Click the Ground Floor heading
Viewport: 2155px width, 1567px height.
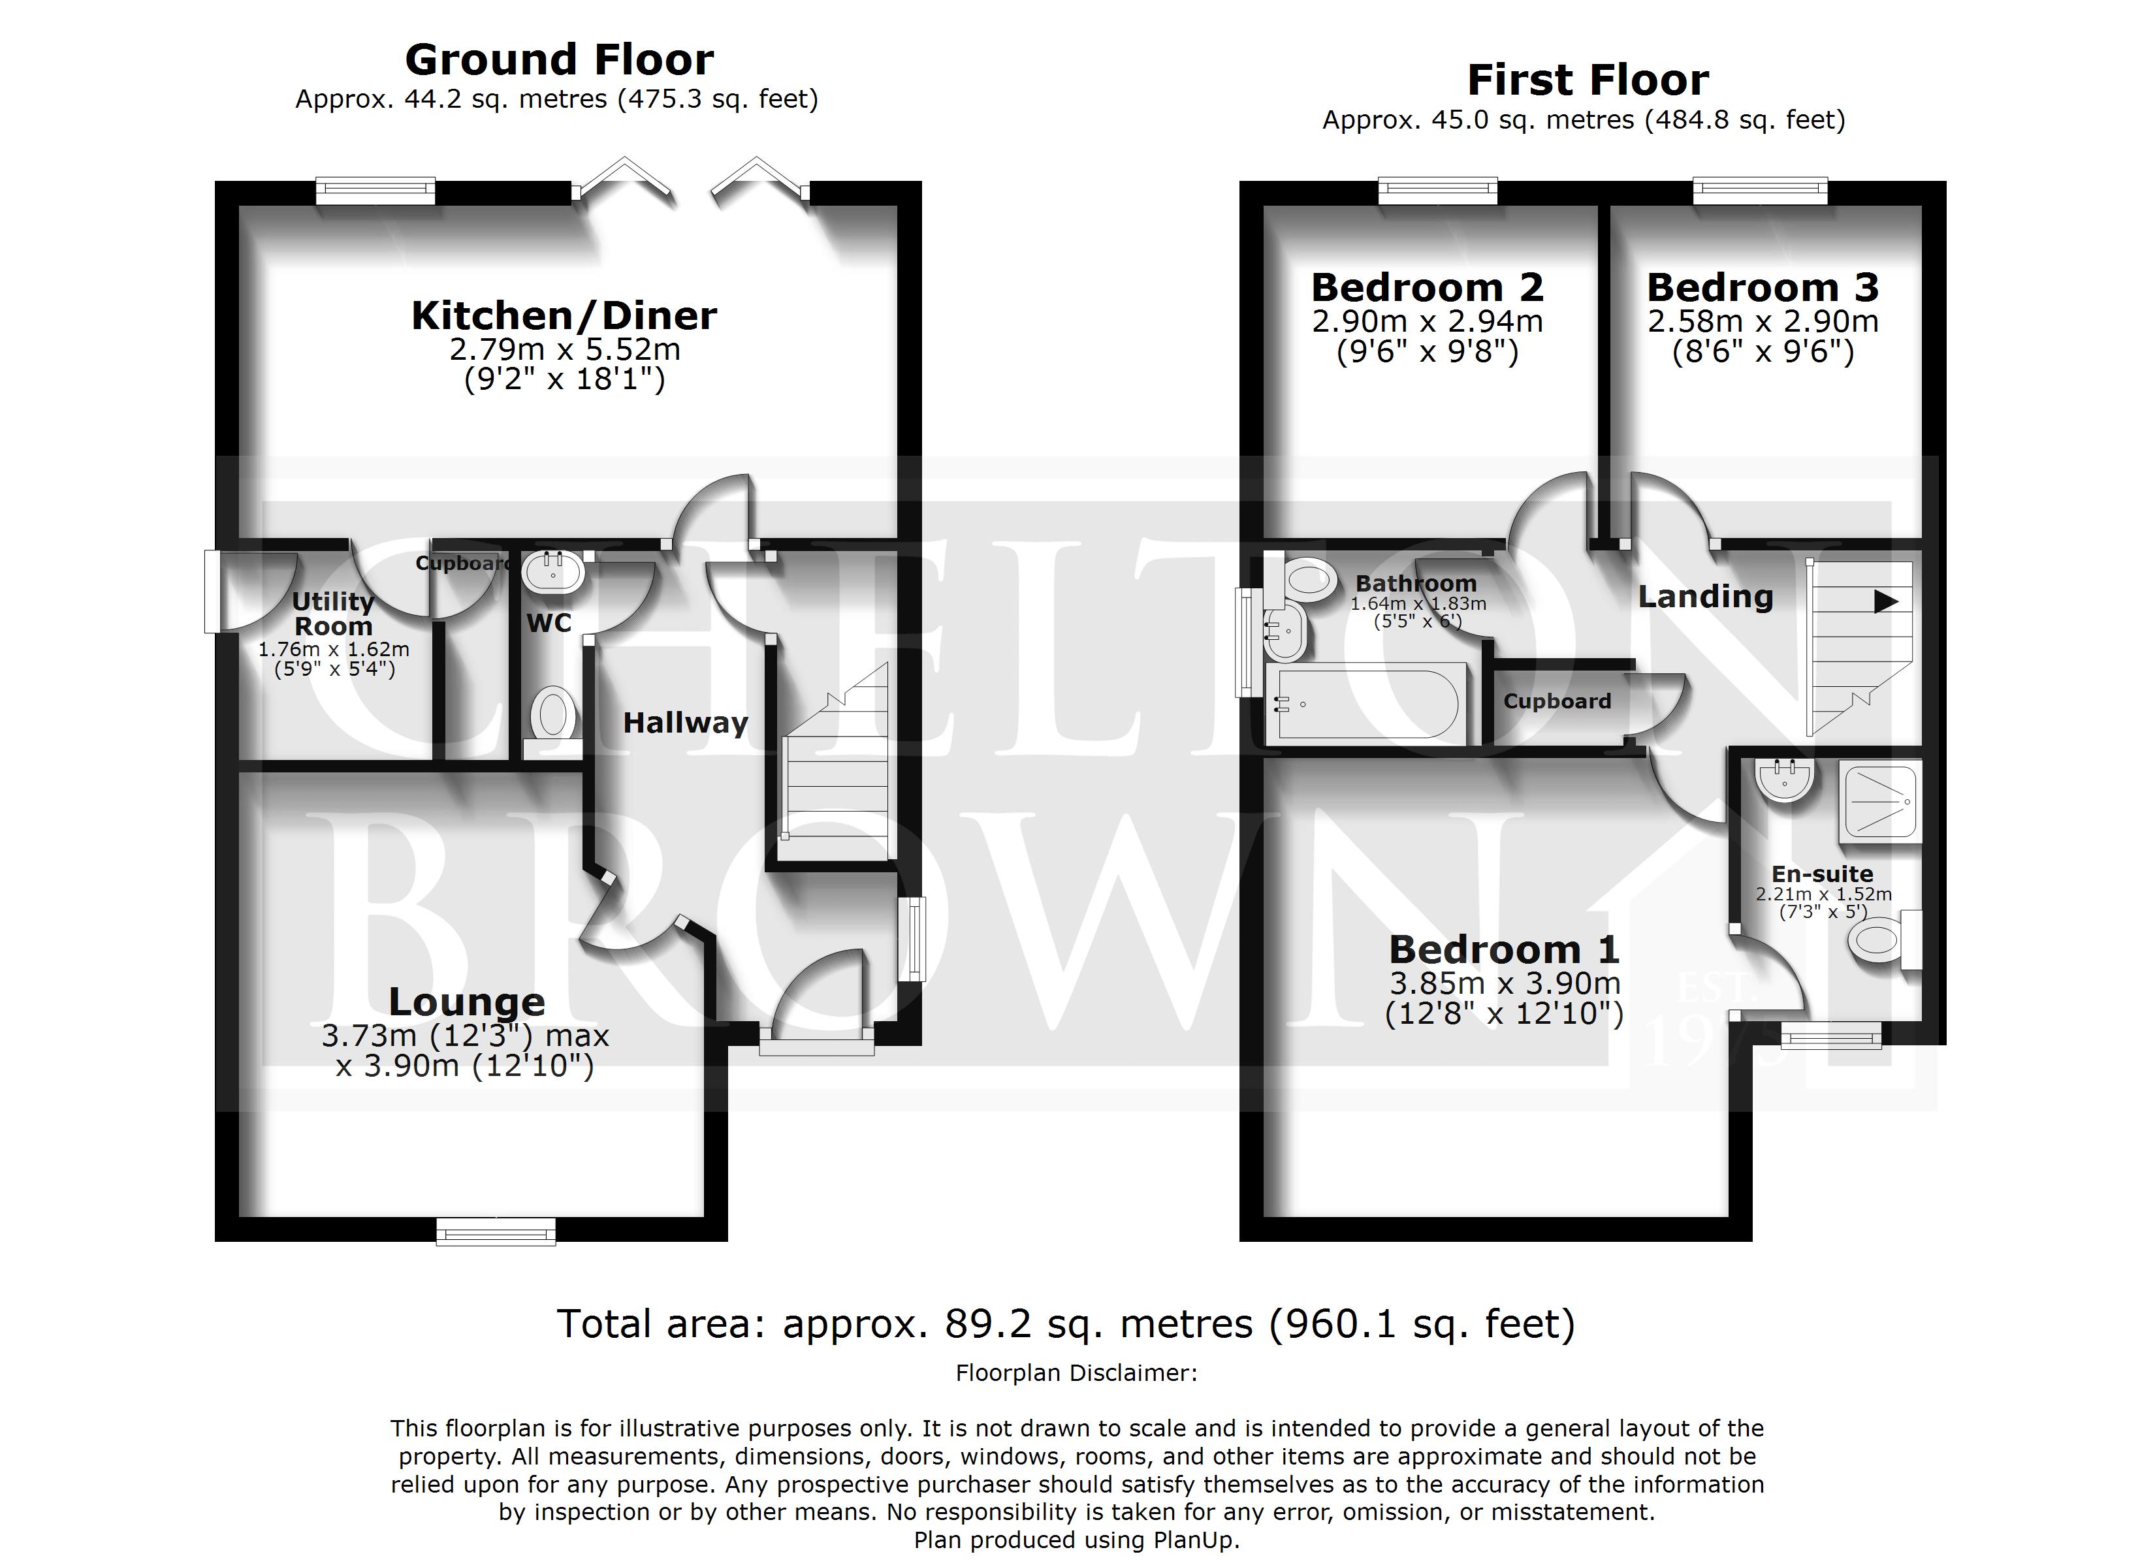(x=559, y=60)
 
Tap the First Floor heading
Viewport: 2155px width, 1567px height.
(x=1588, y=80)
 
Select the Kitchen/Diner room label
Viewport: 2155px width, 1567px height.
(x=564, y=315)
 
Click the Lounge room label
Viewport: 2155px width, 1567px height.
(x=466, y=1002)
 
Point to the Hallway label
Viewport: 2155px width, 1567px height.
(x=685, y=723)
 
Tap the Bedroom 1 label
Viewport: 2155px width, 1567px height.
(x=1503, y=949)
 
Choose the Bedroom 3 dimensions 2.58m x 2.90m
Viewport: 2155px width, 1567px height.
(x=1763, y=321)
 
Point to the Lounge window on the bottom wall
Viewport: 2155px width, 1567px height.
(x=496, y=1233)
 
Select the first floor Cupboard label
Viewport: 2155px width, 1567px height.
(x=1557, y=701)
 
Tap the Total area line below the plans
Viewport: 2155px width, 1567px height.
(x=1066, y=1323)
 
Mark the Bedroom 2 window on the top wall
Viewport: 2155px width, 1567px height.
(x=1437, y=191)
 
